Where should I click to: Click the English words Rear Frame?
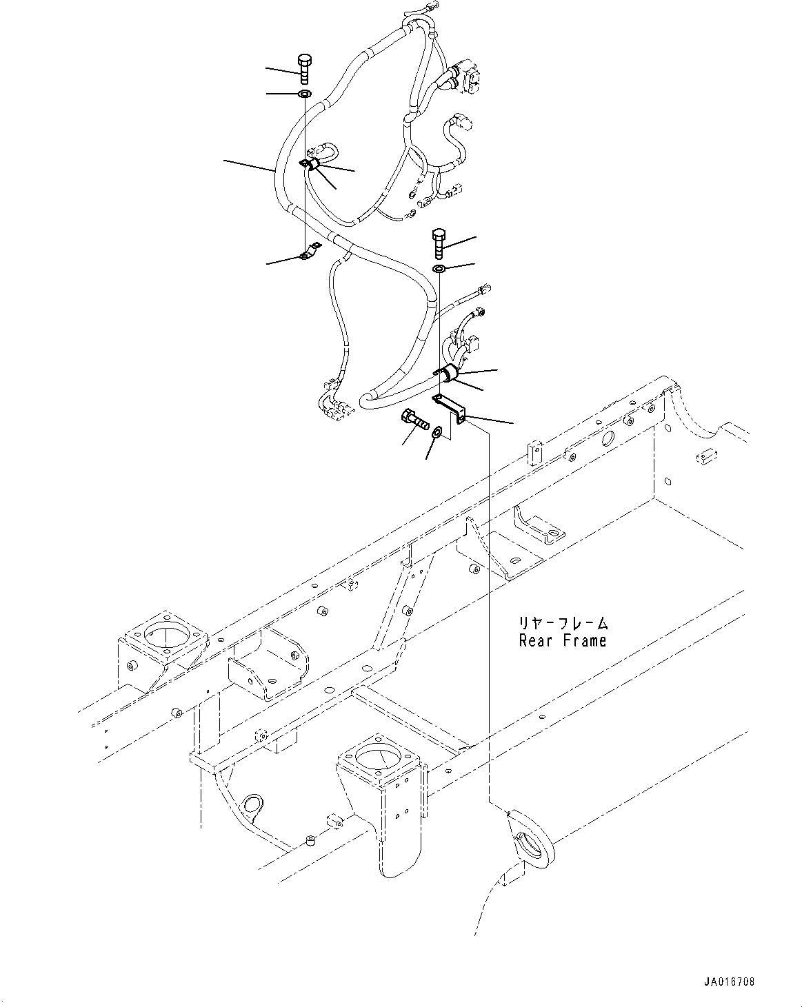point(563,640)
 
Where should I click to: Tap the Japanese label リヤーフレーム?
point(563,623)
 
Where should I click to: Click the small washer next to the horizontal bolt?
point(437,433)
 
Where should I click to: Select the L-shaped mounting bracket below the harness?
point(452,408)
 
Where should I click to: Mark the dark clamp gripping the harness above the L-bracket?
point(449,374)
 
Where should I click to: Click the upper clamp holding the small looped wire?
point(311,165)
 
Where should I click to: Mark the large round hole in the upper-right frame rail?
point(608,438)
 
